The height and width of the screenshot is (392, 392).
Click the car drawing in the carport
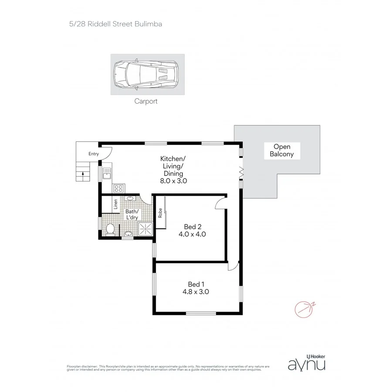click(x=147, y=75)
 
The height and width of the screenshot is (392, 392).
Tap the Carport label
click(x=146, y=101)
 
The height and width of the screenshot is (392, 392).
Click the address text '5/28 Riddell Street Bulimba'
click(x=115, y=24)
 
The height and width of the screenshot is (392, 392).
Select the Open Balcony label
click(x=281, y=150)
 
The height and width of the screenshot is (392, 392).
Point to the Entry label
click(x=94, y=154)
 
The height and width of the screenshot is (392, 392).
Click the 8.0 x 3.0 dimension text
click(x=173, y=181)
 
